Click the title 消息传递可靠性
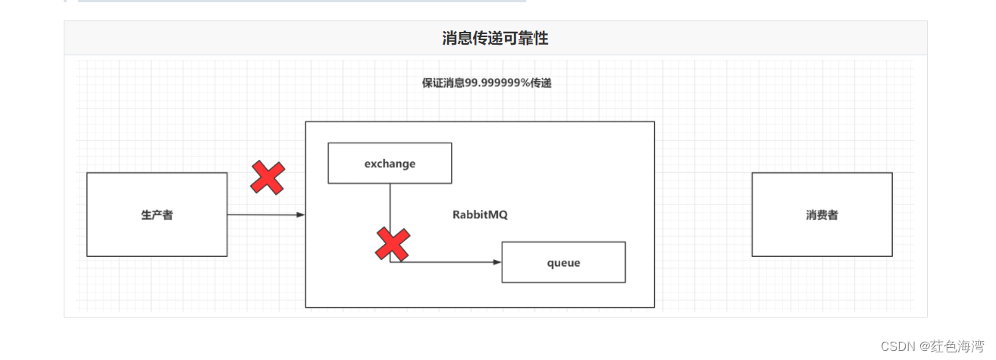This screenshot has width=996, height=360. point(495,38)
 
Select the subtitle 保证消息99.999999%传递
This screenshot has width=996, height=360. point(487,83)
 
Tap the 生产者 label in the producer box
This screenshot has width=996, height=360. point(157,214)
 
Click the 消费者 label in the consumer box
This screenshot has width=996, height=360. point(822,214)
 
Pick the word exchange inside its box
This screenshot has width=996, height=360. point(390,163)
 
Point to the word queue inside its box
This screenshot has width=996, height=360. point(563,262)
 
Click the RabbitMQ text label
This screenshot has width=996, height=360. point(480,214)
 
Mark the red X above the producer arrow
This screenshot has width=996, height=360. point(268,178)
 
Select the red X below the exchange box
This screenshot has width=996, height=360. point(392,244)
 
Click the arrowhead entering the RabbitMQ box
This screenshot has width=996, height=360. point(300,214)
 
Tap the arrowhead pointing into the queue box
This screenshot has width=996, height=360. point(496,262)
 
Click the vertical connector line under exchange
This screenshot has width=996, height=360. point(390,205)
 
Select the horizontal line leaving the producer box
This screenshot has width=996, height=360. point(262,214)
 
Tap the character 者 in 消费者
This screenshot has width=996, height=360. point(832,214)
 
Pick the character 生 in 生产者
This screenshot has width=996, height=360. point(146,214)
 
